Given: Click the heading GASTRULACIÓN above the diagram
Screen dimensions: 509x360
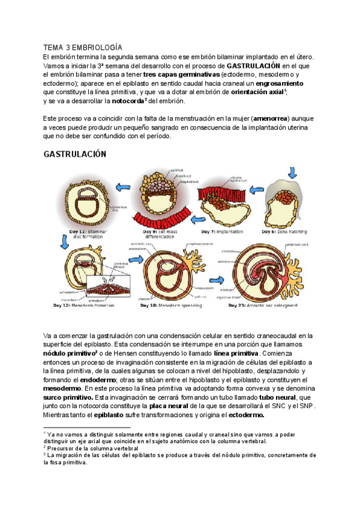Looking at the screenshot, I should (x=75, y=154).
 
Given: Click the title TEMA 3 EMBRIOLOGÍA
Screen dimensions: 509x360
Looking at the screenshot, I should (x=83, y=47).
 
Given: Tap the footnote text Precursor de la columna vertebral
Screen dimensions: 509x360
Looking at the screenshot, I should (x=94, y=447).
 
